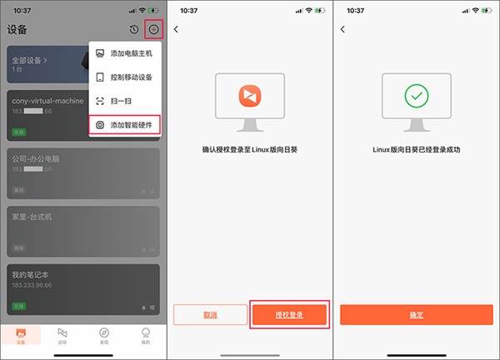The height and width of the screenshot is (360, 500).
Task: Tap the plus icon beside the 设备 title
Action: pyautogui.click(x=152, y=29)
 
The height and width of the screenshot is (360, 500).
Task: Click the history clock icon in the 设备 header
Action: pyautogui.click(x=134, y=29)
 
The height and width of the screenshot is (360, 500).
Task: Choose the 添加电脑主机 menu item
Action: pyautogui.click(x=131, y=53)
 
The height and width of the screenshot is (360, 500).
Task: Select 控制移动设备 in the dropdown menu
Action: pyautogui.click(x=131, y=77)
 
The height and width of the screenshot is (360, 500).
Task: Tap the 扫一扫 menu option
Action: pyautogui.click(x=122, y=101)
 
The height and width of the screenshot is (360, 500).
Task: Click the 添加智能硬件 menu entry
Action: pyautogui.click(x=131, y=125)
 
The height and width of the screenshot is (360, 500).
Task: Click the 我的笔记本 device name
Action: pyautogui.click(x=32, y=273)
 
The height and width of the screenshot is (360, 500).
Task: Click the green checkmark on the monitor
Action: pyautogui.click(x=416, y=97)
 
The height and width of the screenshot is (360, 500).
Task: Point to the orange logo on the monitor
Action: pyautogui.click(x=249, y=97)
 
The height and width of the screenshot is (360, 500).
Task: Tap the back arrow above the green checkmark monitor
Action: pyautogui.click(x=343, y=30)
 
